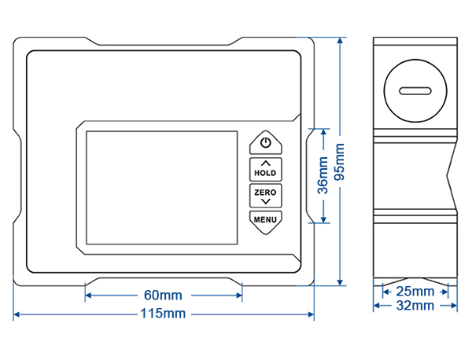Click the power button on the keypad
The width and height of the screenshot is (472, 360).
266,143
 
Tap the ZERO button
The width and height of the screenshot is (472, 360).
266,195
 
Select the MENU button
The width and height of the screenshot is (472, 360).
266,219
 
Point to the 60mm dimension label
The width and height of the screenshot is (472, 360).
163,296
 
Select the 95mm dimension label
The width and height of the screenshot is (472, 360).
340,162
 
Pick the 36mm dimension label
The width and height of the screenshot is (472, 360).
323,175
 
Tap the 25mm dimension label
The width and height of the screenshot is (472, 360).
415,291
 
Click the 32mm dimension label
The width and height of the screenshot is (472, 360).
415,305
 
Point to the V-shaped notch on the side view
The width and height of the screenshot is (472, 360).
450,178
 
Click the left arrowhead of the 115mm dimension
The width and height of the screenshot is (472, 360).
17,314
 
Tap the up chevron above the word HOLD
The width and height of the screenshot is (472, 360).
266,163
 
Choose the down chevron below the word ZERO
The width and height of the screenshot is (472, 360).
266,202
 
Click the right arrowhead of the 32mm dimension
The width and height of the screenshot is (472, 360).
455,305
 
